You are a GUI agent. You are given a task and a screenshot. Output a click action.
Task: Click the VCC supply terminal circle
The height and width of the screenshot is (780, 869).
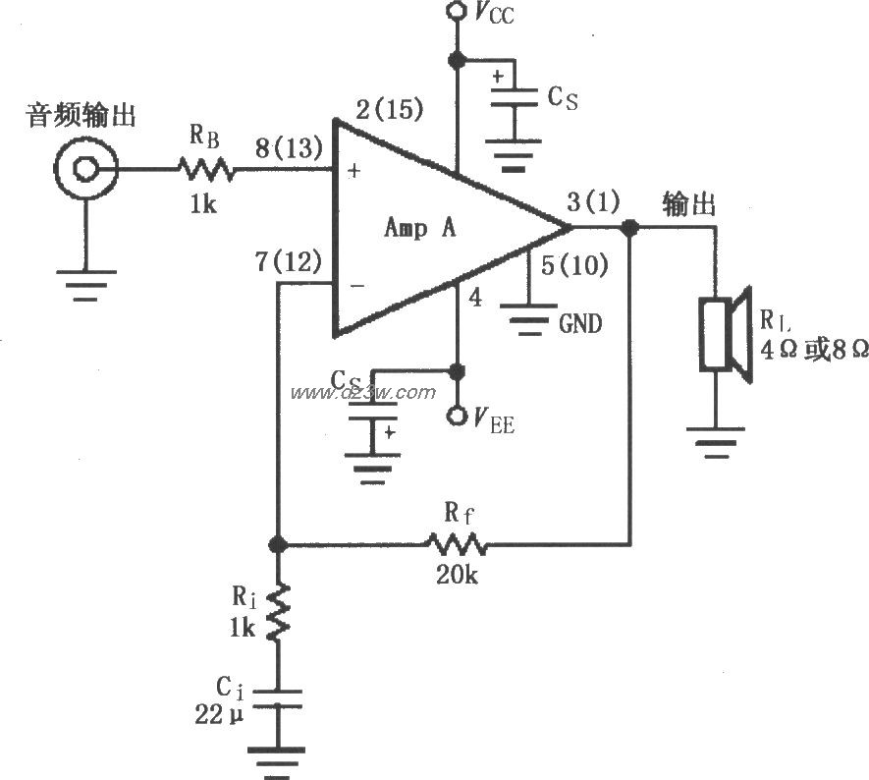[455, 12]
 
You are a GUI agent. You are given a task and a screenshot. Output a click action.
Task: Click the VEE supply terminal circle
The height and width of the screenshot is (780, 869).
[455, 417]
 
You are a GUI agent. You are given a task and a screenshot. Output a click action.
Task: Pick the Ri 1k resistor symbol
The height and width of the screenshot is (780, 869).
[278, 610]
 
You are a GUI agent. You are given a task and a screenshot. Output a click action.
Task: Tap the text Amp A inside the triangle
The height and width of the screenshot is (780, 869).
[419, 228]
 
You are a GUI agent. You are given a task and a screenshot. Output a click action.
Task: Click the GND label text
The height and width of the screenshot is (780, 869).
[580, 323]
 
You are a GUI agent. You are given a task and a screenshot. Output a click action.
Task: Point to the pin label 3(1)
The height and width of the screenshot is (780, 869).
[594, 203]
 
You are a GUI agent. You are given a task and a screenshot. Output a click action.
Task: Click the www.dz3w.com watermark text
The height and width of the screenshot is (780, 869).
[362, 392]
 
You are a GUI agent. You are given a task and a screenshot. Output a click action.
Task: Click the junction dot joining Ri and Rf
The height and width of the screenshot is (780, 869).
[278, 543]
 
